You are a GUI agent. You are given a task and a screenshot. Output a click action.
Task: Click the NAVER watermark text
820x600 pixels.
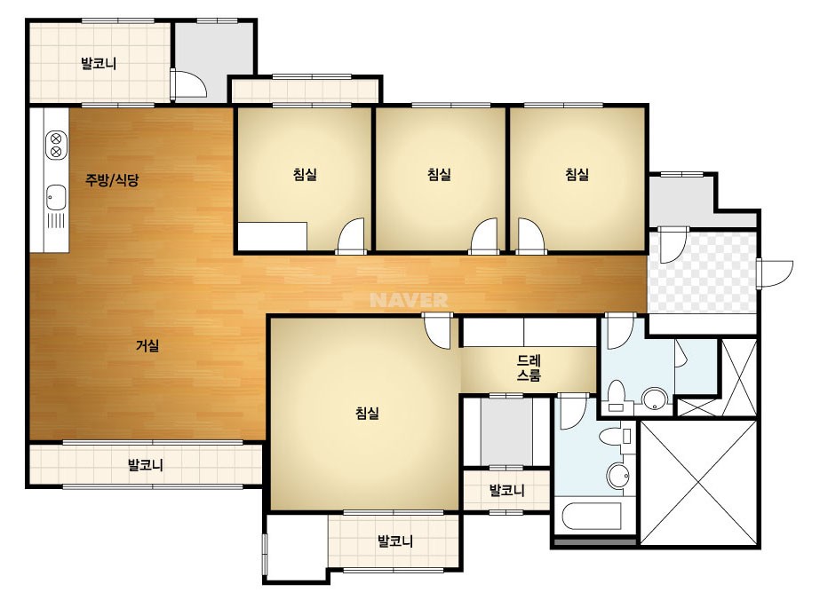click(409, 300)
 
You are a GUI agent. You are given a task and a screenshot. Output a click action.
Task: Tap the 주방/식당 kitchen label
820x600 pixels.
click(112, 180)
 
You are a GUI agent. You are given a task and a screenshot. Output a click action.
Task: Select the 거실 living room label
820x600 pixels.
click(147, 345)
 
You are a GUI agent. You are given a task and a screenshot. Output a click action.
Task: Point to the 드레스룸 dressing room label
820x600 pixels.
click(529, 368)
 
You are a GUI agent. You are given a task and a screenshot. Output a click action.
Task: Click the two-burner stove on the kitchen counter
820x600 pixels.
click(57, 146)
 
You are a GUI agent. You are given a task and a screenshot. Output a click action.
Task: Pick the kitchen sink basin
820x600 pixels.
click(56, 197)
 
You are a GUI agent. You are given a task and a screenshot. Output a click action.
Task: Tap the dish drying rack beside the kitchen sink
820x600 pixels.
click(56, 221)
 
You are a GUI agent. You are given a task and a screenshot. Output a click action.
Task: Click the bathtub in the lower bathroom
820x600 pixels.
click(592, 517)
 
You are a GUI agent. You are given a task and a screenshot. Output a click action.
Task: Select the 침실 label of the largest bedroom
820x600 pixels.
click(367, 414)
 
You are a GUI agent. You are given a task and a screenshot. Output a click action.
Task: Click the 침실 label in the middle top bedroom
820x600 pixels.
click(439, 174)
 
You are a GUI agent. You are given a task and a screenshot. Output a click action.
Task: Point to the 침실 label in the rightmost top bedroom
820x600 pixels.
click(577, 174)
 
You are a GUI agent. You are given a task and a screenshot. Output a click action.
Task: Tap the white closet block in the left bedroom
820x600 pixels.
click(273, 237)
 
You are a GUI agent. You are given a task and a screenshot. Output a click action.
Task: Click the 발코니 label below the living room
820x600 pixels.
click(146, 464)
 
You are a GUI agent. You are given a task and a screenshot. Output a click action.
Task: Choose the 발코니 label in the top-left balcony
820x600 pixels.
click(99, 64)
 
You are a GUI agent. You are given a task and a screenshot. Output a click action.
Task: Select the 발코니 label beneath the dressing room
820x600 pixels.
click(506, 490)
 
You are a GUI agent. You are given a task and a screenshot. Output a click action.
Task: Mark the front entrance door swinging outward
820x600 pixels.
click(775, 272)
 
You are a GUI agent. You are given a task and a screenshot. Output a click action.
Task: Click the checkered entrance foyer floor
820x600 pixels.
click(703, 272)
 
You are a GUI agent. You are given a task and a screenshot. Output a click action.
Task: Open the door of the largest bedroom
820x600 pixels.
click(437, 330)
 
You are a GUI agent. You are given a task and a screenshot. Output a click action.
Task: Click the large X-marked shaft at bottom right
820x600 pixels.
click(698, 483)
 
